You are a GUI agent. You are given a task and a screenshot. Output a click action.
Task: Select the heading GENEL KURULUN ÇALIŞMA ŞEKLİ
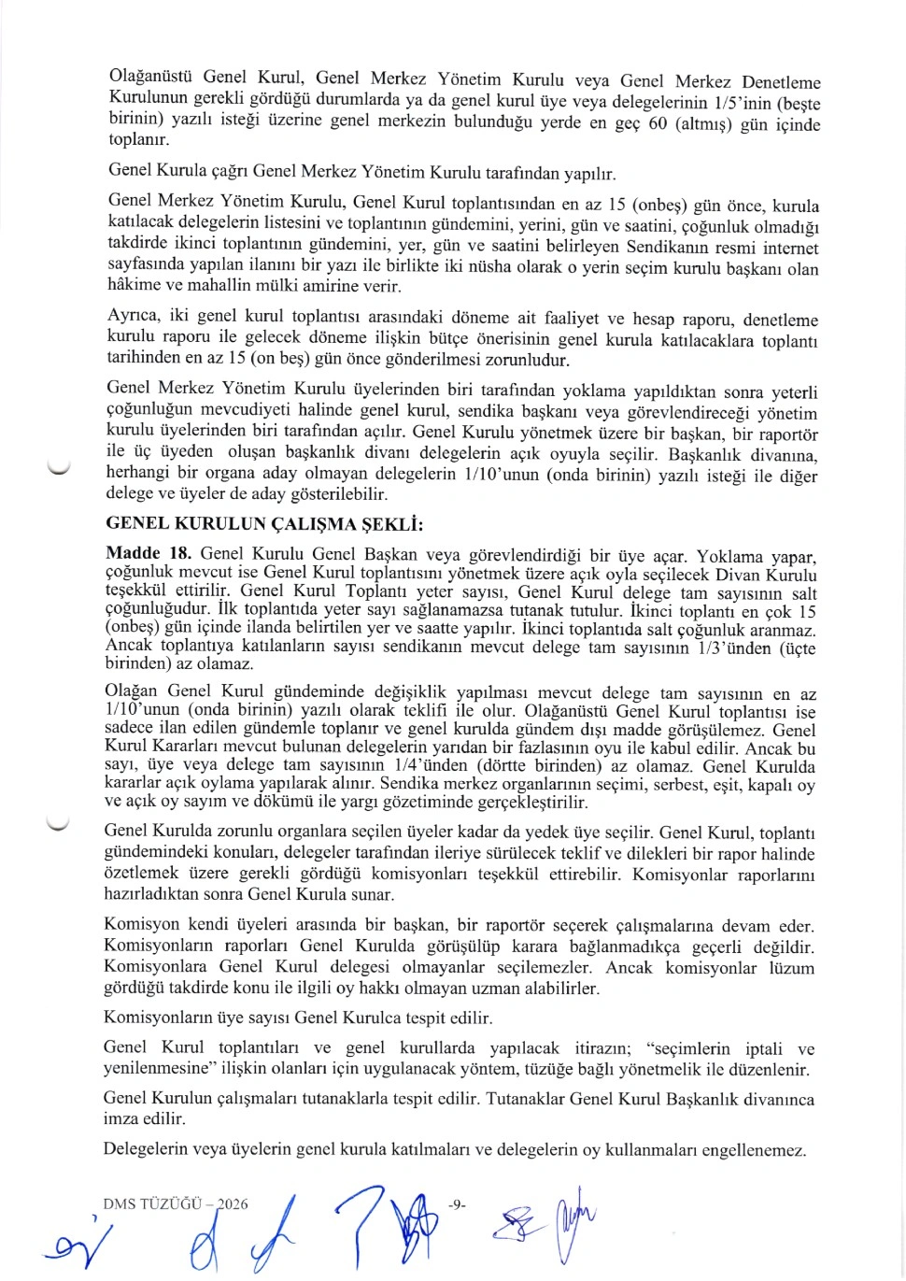coord(264,523)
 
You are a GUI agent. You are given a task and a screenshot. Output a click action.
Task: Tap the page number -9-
coord(457,1204)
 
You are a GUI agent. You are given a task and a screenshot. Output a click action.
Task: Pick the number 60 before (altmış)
coord(658,123)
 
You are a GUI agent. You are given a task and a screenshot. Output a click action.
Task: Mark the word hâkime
coord(134,286)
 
